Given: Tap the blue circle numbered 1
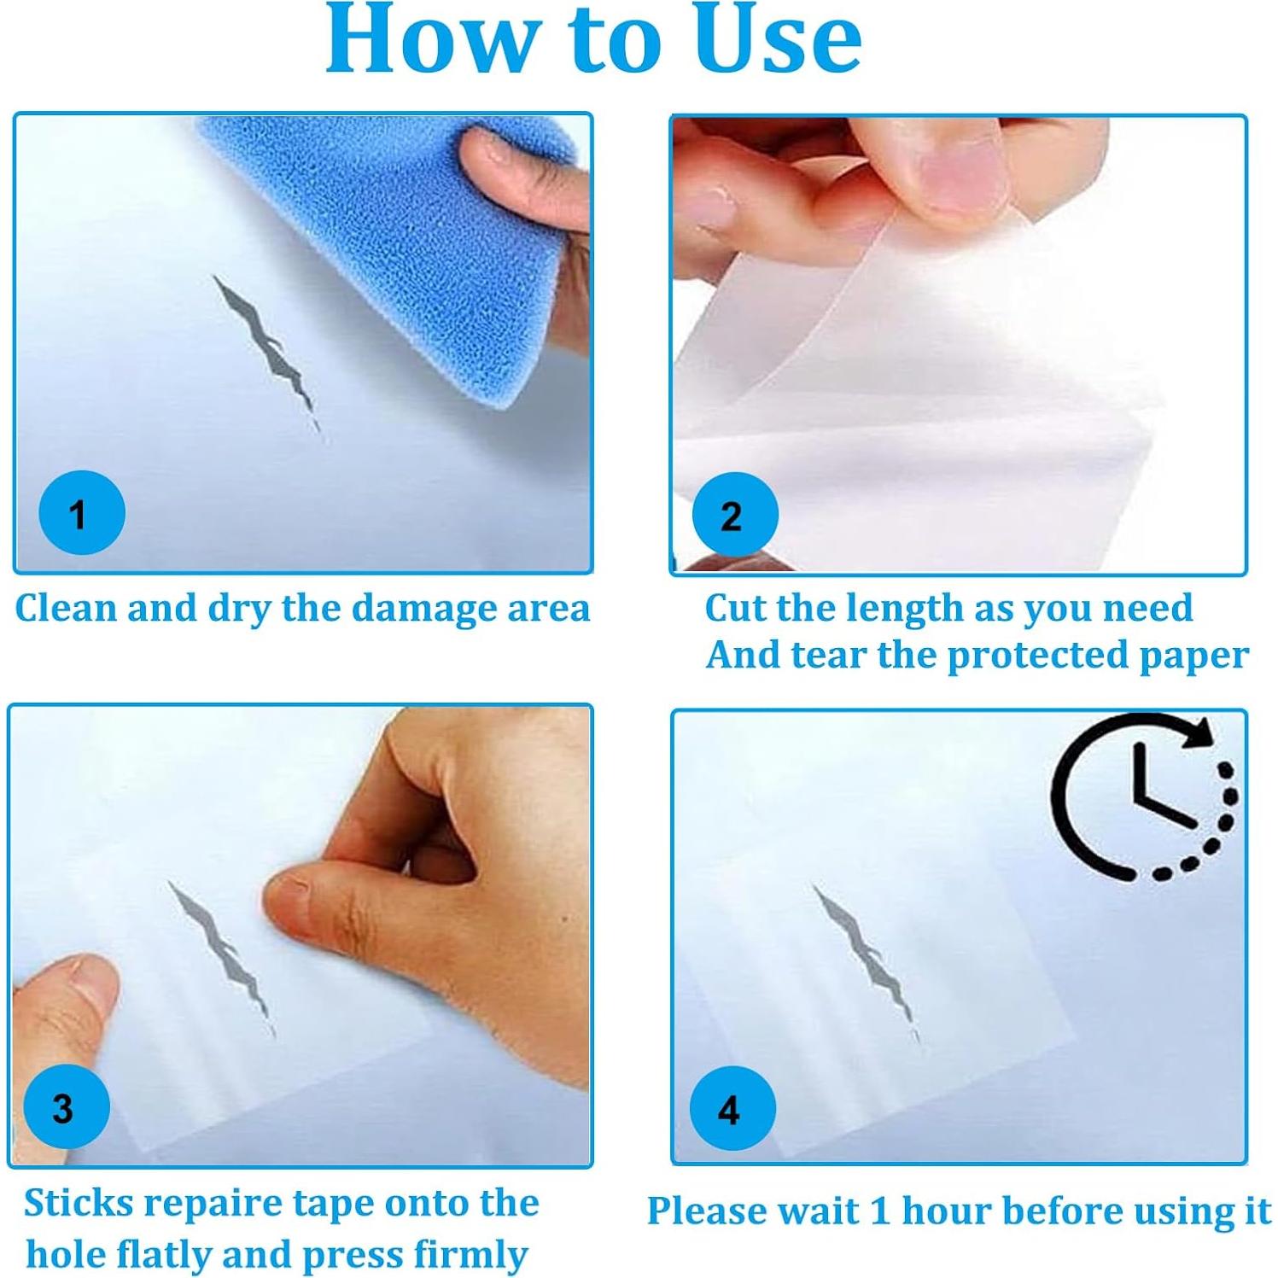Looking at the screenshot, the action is tap(82, 512).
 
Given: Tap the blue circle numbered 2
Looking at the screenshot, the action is tap(734, 514).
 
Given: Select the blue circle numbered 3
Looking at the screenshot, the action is tap(67, 1106).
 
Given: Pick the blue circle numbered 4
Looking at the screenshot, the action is tap(732, 1108).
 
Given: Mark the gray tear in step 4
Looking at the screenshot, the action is tap(866, 963).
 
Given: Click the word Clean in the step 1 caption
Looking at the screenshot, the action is tap(66, 609).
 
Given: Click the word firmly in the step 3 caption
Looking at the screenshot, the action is tap(470, 1255).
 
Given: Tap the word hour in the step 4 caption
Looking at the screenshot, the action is tap(946, 1211).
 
